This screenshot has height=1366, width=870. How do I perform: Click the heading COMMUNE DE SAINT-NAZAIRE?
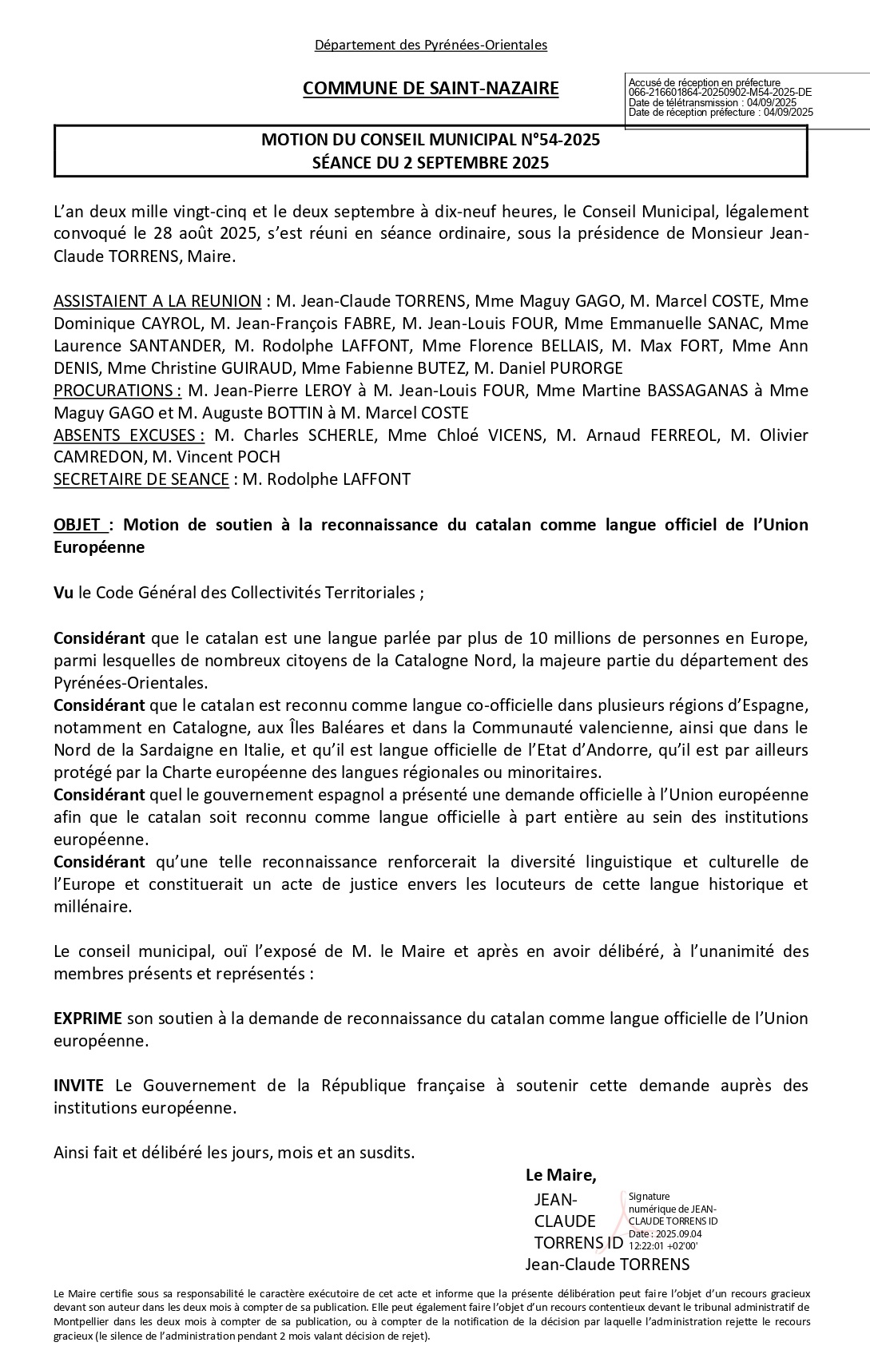point(431,89)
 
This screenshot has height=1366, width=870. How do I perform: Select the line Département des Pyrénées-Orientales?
point(431,46)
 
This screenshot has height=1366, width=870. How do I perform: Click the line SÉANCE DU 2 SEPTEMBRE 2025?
point(431,163)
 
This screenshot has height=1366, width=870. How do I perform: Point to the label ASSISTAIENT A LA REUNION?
point(157,301)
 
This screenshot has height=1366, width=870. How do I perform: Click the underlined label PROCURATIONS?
point(117,391)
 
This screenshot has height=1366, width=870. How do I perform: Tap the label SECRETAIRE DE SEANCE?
point(141,479)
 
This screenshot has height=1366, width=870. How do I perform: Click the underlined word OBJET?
point(78,525)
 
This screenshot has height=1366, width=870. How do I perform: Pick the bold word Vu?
point(63,593)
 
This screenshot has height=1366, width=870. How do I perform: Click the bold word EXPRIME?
point(88,1019)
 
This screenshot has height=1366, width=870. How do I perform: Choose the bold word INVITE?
point(78,1086)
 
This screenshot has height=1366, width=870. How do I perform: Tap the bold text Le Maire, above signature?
point(561,1175)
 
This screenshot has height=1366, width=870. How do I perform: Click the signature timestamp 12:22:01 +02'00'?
point(663,1245)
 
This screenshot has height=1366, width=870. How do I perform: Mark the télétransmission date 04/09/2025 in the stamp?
point(769,102)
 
